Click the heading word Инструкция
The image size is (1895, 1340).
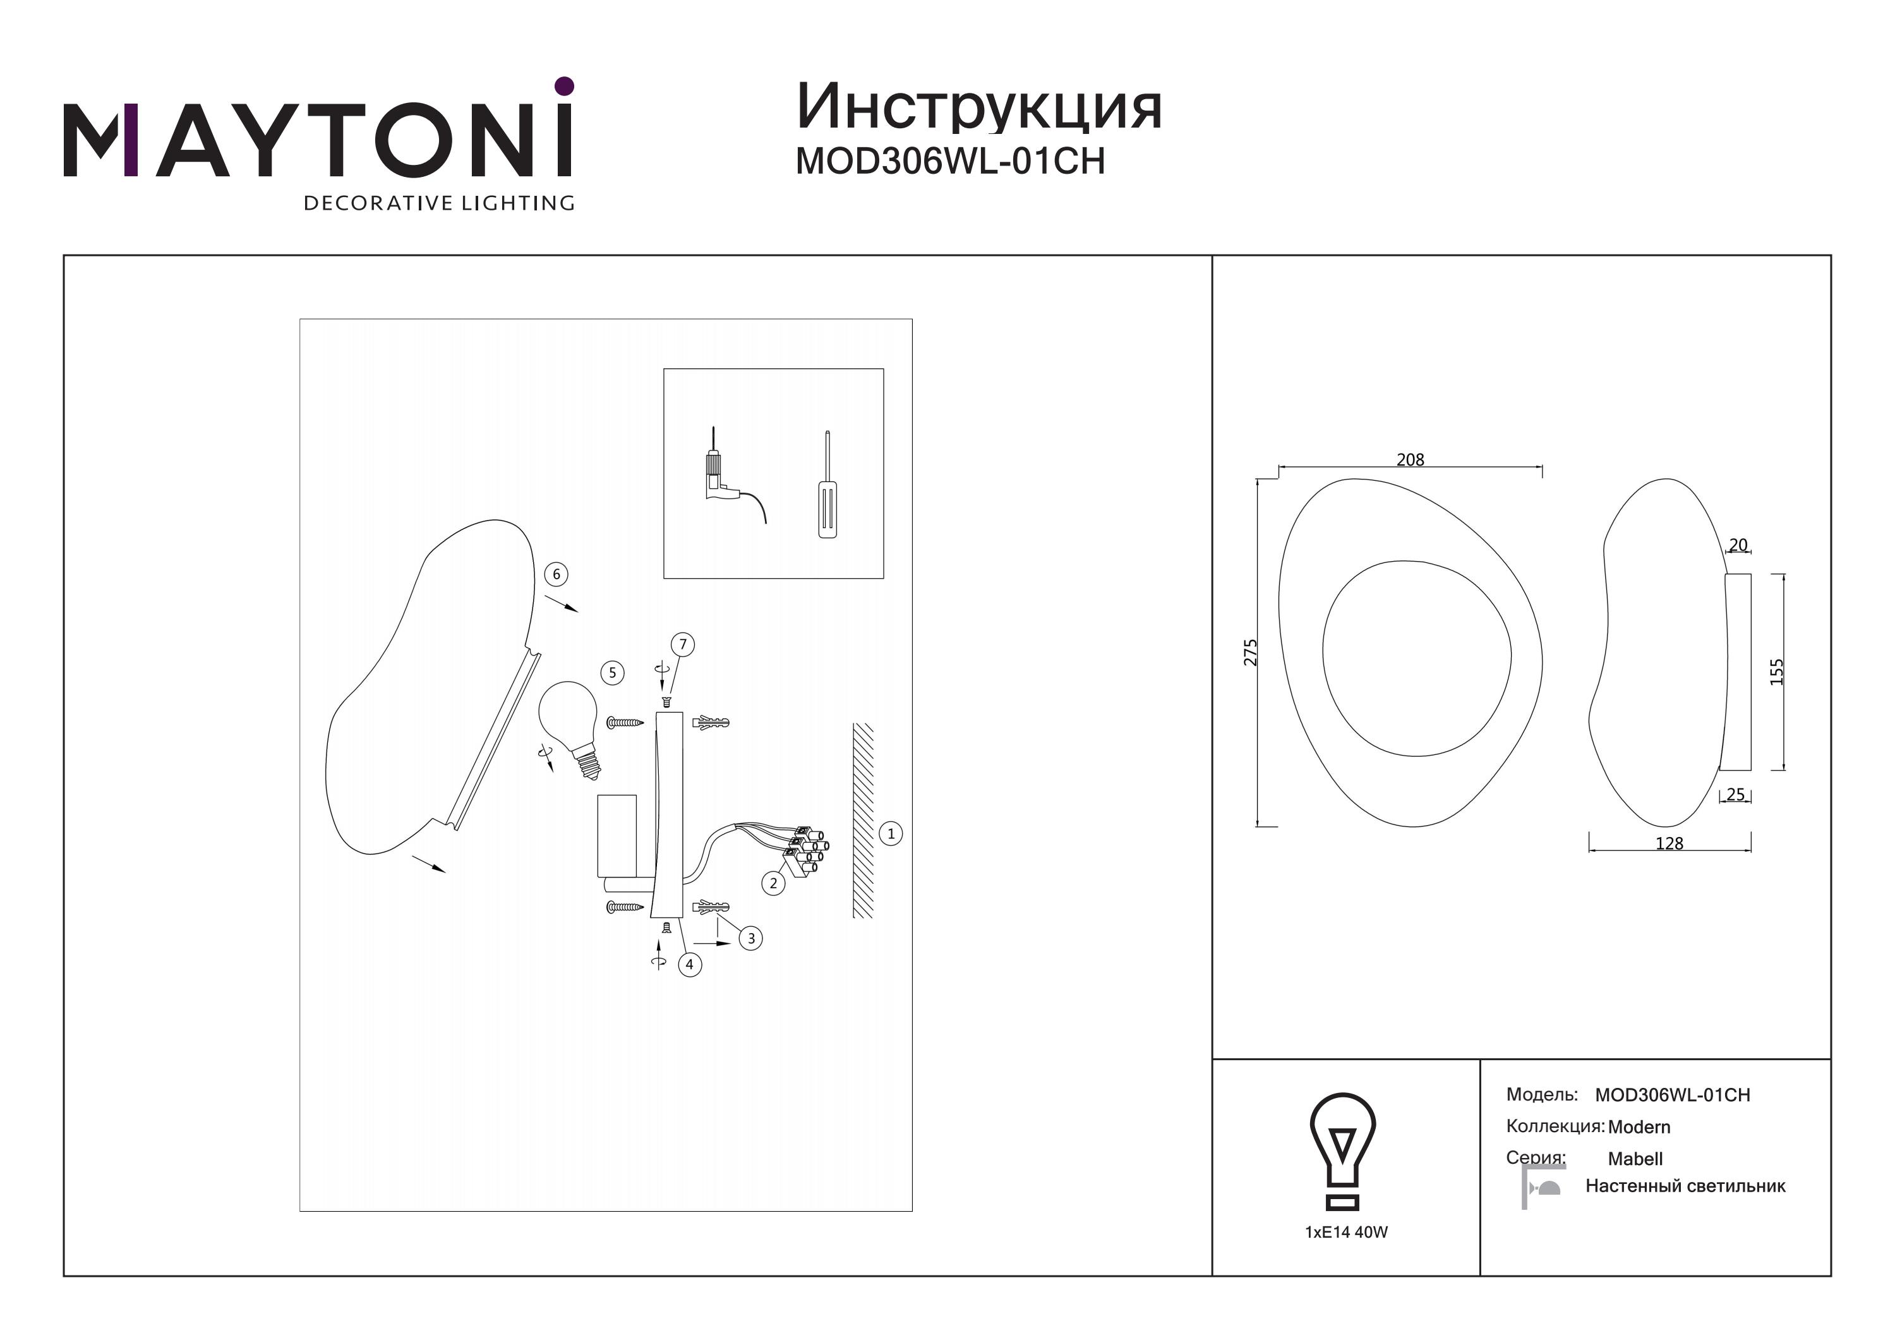[x=979, y=107]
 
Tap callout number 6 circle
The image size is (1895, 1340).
[x=556, y=574]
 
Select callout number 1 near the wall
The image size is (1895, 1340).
[x=891, y=833]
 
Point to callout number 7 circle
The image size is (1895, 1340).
[x=683, y=644]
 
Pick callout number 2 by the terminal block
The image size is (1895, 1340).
[x=773, y=883]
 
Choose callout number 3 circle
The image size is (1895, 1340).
[x=750, y=938]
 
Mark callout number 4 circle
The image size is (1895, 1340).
[x=689, y=963]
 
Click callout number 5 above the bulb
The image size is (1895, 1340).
[x=611, y=672]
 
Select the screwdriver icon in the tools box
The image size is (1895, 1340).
[x=827, y=485]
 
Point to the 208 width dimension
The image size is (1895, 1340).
[x=1411, y=459]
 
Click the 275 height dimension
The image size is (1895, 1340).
[x=1251, y=652]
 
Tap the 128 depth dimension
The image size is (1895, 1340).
[x=1669, y=843]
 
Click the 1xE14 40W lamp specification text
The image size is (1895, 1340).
[x=1346, y=1232]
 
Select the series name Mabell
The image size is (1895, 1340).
[x=1635, y=1158]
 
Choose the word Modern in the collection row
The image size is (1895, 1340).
[x=1639, y=1126]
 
